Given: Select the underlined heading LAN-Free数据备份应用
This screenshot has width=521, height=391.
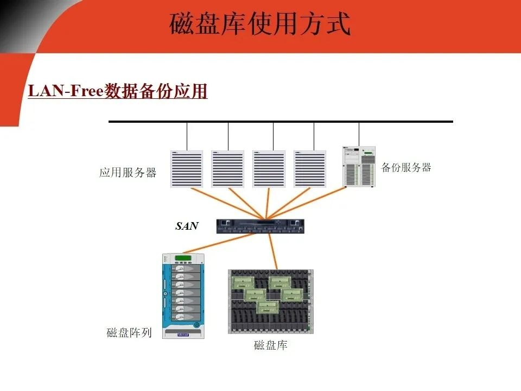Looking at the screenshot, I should click(118, 91).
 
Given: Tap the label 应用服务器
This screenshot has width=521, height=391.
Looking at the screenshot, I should click(128, 173).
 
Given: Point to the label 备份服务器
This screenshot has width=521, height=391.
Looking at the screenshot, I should click(406, 167).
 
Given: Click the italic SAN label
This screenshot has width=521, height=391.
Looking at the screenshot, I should click(187, 226).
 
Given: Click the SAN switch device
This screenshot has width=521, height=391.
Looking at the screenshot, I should click(260, 226).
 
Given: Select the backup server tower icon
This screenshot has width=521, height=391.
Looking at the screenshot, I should click(359, 167).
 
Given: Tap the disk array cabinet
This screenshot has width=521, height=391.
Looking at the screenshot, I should click(183, 296).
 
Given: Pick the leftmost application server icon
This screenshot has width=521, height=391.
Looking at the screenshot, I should click(187, 169).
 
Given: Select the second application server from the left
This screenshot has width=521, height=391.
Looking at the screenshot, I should click(228, 169).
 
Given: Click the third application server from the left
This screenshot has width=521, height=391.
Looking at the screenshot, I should click(269, 169).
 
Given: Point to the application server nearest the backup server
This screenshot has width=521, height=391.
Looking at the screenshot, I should click(310, 169).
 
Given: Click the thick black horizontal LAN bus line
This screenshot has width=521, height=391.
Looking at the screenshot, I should click(281, 122).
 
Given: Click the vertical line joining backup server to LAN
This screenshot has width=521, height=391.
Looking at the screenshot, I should click(359, 134).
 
